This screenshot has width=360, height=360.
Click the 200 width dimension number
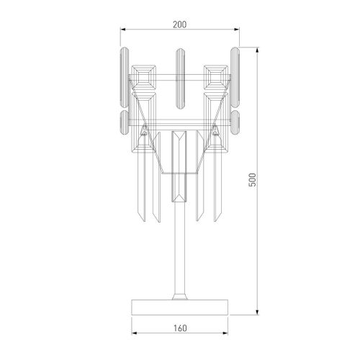180,24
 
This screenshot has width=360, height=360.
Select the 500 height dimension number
252,180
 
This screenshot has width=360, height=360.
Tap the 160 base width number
180,328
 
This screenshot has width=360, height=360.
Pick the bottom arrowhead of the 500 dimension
258,314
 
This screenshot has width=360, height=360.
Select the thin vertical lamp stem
180,252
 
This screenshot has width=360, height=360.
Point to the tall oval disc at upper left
123,76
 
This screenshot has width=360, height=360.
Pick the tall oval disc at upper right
236,75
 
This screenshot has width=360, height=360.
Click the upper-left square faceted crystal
145,76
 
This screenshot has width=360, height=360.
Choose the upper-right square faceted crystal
215,76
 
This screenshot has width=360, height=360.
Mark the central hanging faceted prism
180,166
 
